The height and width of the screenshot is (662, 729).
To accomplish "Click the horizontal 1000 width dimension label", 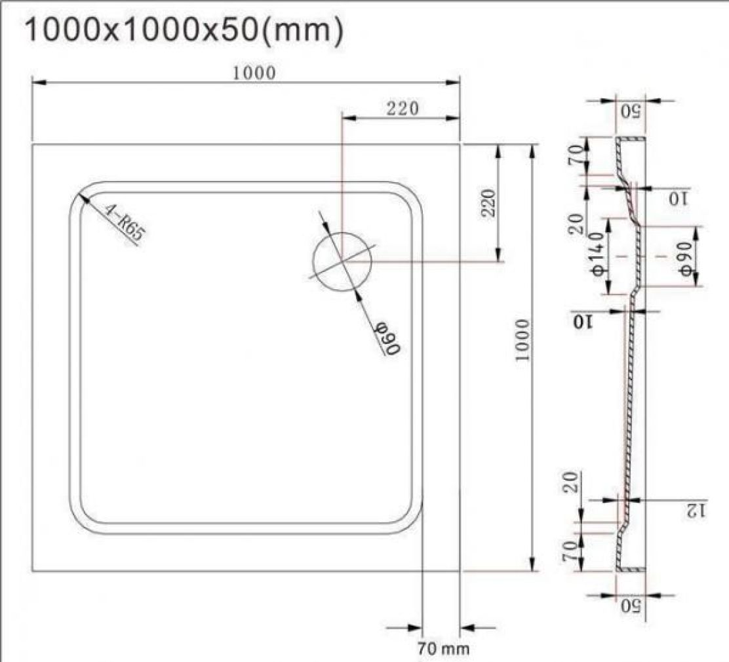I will tap(255, 72).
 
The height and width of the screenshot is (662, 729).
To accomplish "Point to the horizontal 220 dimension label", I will tap(402, 108).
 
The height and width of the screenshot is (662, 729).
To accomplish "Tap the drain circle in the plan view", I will tap(342, 260).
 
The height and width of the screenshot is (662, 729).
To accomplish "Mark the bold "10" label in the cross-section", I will tap(582, 322).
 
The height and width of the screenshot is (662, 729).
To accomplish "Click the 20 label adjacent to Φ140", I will tap(576, 224).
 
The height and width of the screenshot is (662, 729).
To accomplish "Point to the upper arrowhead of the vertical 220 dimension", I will tap(499, 150).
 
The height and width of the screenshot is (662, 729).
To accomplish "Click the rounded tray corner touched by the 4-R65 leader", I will tap(81, 195).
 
